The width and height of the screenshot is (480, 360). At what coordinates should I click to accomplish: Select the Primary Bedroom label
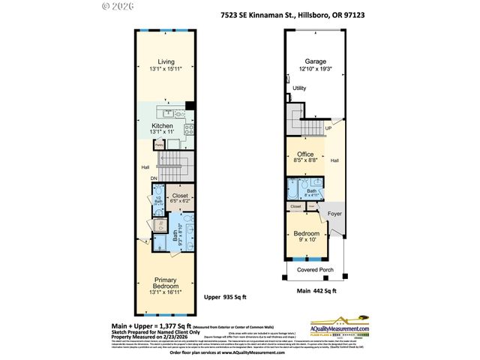(166, 283)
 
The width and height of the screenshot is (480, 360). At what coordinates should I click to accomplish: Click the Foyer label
(334, 214)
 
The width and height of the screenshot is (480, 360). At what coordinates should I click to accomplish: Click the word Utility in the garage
(299, 88)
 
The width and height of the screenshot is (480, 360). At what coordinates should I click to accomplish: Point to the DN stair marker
(153, 178)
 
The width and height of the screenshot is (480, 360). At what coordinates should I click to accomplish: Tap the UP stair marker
(328, 128)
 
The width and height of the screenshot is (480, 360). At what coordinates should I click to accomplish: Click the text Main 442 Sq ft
(315, 291)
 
